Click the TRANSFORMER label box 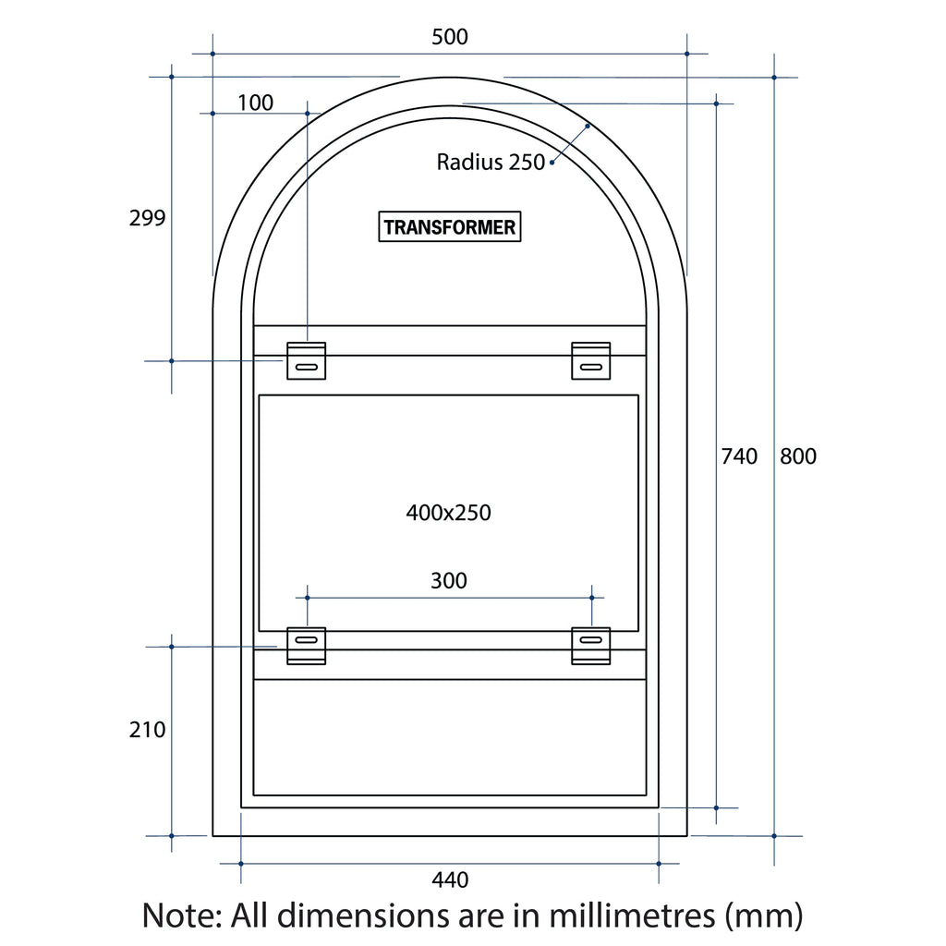[450, 226]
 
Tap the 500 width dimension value [450, 37]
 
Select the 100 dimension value [255, 103]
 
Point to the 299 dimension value [147, 217]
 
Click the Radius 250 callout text [491, 162]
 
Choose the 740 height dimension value [739, 456]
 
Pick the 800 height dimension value [797, 456]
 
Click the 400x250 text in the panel [448, 512]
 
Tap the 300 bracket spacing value [449, 580]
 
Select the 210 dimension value [147, 730]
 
